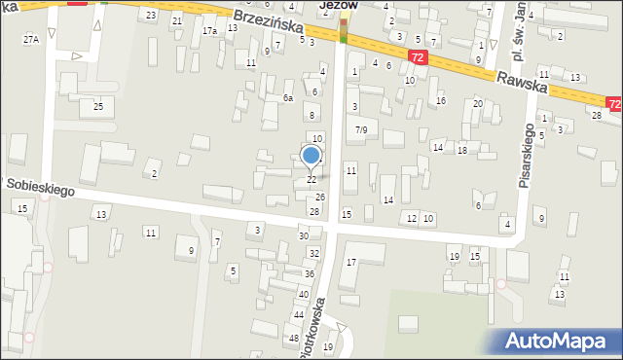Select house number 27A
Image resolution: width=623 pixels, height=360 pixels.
click(31, 39)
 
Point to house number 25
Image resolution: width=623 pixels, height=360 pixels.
click(97, 105)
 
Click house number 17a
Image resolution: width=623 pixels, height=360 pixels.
click(209, 31)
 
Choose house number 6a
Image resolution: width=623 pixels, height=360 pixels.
click(287, 98)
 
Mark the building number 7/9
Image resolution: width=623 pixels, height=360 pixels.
click(361, 129)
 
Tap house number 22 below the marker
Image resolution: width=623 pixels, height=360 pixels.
click(311, 180)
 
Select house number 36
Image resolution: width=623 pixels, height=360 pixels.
click(309, 274)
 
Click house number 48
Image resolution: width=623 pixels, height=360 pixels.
click(293, 338)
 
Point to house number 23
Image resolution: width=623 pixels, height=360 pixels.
click(150, 16)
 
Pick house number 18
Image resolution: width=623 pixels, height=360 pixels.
click(462, 150)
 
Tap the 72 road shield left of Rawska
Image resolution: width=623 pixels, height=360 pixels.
click(417, 57)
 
